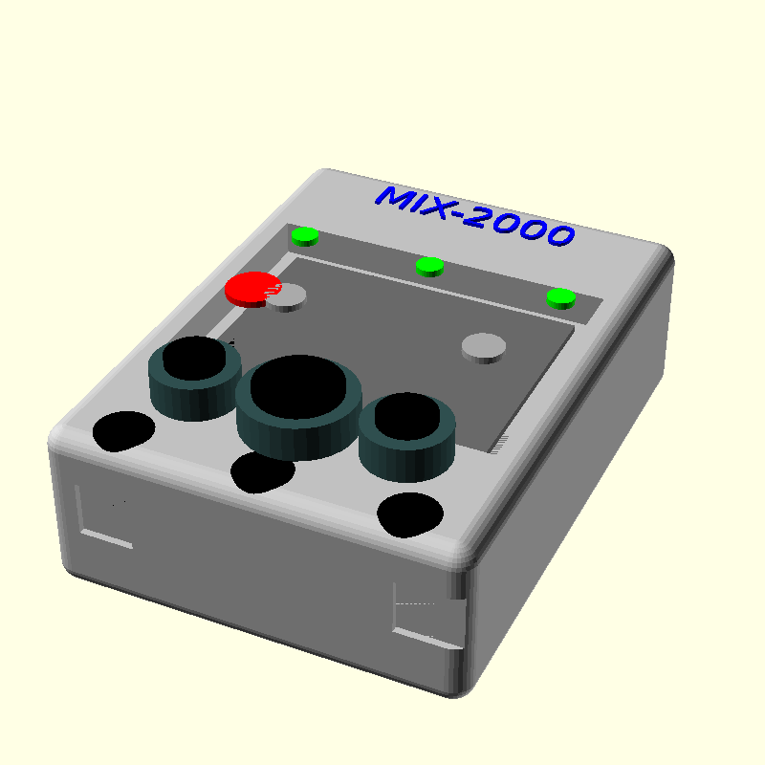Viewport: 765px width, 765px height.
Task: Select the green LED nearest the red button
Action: (305, 235)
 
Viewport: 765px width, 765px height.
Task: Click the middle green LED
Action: (430, 266)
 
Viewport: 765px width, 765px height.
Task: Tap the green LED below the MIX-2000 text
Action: (561, 297)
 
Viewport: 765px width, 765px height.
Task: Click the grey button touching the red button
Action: (288, 297)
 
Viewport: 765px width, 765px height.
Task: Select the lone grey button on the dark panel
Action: (483, 346)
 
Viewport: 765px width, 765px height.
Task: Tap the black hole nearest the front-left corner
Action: (124, 430)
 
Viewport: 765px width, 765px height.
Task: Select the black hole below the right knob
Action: (411, 514)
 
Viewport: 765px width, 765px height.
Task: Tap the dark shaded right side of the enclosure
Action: (574, 478)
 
